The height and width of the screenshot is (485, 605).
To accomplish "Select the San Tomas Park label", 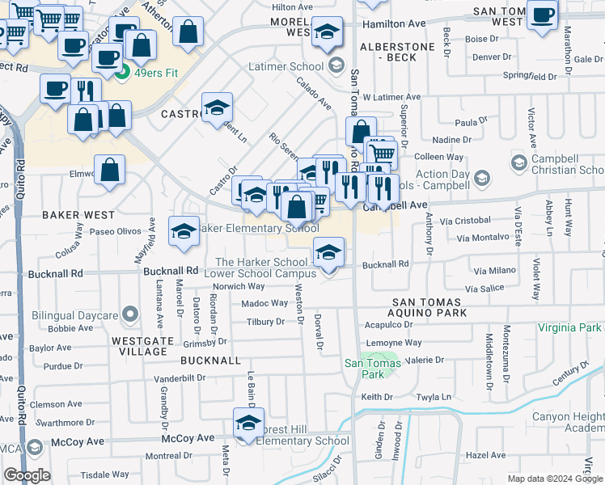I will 362,369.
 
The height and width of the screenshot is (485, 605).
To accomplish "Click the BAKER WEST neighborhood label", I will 78,215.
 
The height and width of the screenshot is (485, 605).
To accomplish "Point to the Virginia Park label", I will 570,327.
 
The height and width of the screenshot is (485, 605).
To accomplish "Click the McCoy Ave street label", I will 188,439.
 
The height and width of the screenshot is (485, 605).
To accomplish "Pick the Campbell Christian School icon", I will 519,162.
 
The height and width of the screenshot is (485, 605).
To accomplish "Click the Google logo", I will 26,475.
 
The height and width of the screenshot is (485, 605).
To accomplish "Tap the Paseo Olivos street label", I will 115,231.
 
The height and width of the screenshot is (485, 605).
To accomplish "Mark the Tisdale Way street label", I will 104,474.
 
